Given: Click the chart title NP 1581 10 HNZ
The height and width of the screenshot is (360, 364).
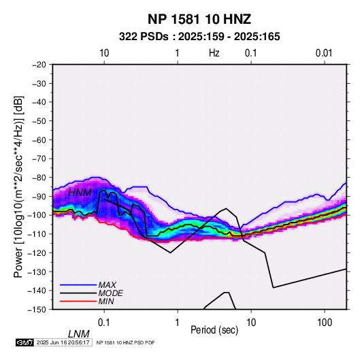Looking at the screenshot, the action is (x=199, y=19).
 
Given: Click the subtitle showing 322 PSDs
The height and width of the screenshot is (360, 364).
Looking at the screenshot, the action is (x=199, y=37).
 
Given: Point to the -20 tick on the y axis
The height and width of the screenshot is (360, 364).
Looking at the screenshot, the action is (x=39, y=65).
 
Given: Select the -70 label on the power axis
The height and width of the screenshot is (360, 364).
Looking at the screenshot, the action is (x=39, y=159).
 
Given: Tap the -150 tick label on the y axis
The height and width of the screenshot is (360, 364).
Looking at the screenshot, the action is (x=37, y=310).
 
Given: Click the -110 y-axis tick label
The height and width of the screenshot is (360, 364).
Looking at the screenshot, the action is (x=37, y=234).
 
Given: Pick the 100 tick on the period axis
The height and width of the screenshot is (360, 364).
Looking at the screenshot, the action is (x=325, y=323).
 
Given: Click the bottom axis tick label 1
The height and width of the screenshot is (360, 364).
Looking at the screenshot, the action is (x=178, y=323).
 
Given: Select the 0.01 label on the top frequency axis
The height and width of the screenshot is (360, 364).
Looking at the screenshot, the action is (x=324, y=53).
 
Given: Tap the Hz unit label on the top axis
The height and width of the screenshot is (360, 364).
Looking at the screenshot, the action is (x=214, y=53).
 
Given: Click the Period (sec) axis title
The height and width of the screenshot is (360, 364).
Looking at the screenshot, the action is (x=214, y=330).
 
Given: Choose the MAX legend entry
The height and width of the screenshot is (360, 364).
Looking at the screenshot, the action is (x=107, y=284).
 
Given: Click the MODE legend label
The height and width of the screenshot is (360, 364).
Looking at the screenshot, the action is (x=110, y=293).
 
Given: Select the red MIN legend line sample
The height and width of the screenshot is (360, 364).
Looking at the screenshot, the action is (x=78, y=301).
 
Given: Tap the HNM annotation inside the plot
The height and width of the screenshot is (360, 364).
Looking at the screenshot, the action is (x=80, y=193).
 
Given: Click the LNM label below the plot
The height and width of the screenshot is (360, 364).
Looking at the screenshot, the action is (x=79, y=334).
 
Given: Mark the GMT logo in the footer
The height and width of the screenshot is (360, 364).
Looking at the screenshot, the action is (x=25, y=342).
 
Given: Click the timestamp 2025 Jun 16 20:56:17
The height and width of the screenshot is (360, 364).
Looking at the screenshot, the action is (x=63, y=342).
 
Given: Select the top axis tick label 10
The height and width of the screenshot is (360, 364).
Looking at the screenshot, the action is (x=104, y=53).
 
